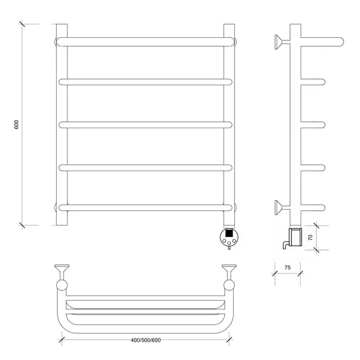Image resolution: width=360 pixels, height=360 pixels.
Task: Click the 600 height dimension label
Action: (x=16, y=124)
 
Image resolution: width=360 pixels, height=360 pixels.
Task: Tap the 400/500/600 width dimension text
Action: (x=145, y=340)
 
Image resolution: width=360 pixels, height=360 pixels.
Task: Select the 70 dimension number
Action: (x=310, y=237)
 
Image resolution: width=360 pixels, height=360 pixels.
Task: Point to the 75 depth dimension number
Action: (x=287, y=268)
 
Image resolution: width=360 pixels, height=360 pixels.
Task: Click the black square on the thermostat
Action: (x=229, y=233)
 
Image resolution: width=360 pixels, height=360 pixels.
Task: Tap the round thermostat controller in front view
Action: (x=229, y=237)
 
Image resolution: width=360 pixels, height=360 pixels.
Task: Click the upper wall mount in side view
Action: (x=282, y=42)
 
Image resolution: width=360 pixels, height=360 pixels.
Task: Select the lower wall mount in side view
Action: (x=282, y=208)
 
